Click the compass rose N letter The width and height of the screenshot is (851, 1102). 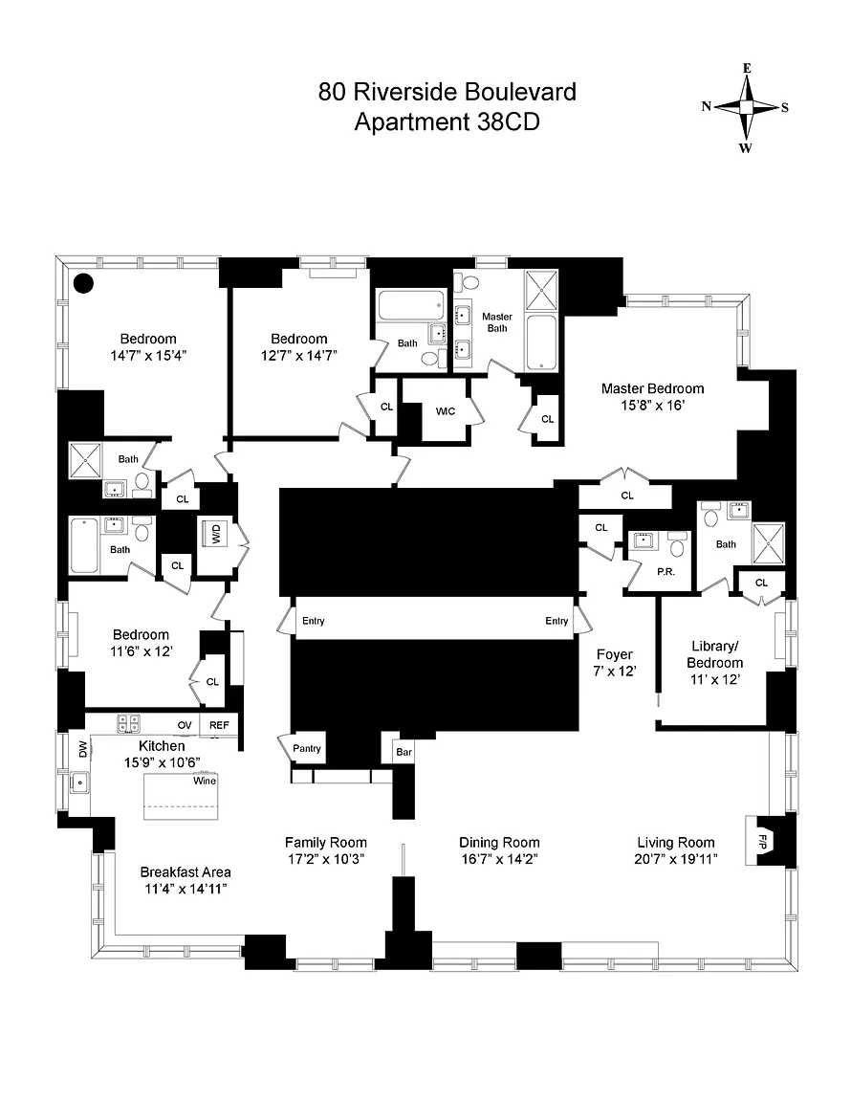[707, 106]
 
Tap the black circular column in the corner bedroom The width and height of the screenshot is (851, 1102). [83, 282]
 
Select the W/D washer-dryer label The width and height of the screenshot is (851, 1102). [216, 535]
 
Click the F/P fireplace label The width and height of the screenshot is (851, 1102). [762, 841]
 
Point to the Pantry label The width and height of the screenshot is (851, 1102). [307, 748]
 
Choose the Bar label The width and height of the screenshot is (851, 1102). [404, 752]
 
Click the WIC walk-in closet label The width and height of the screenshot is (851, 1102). [446, 411]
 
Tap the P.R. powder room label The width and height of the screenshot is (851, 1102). [666, 572]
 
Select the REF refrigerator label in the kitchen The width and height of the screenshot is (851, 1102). [219, 725]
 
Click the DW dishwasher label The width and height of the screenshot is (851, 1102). [83, 749]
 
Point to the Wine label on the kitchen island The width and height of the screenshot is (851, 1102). [205, 781]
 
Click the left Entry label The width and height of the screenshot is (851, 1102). [314, 621]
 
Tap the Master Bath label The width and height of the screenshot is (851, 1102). [497, 321]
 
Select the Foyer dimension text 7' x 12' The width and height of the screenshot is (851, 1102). [614, 672]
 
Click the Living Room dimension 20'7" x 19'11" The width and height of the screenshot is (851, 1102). [676, 859]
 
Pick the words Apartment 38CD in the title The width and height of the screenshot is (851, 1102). [447, 121]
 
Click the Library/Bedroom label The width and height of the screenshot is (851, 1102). [714, 654]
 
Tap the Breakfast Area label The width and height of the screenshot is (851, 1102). [185, 872]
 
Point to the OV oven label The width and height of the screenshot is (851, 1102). [185, 725]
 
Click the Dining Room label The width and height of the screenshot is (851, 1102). [500, 842]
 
